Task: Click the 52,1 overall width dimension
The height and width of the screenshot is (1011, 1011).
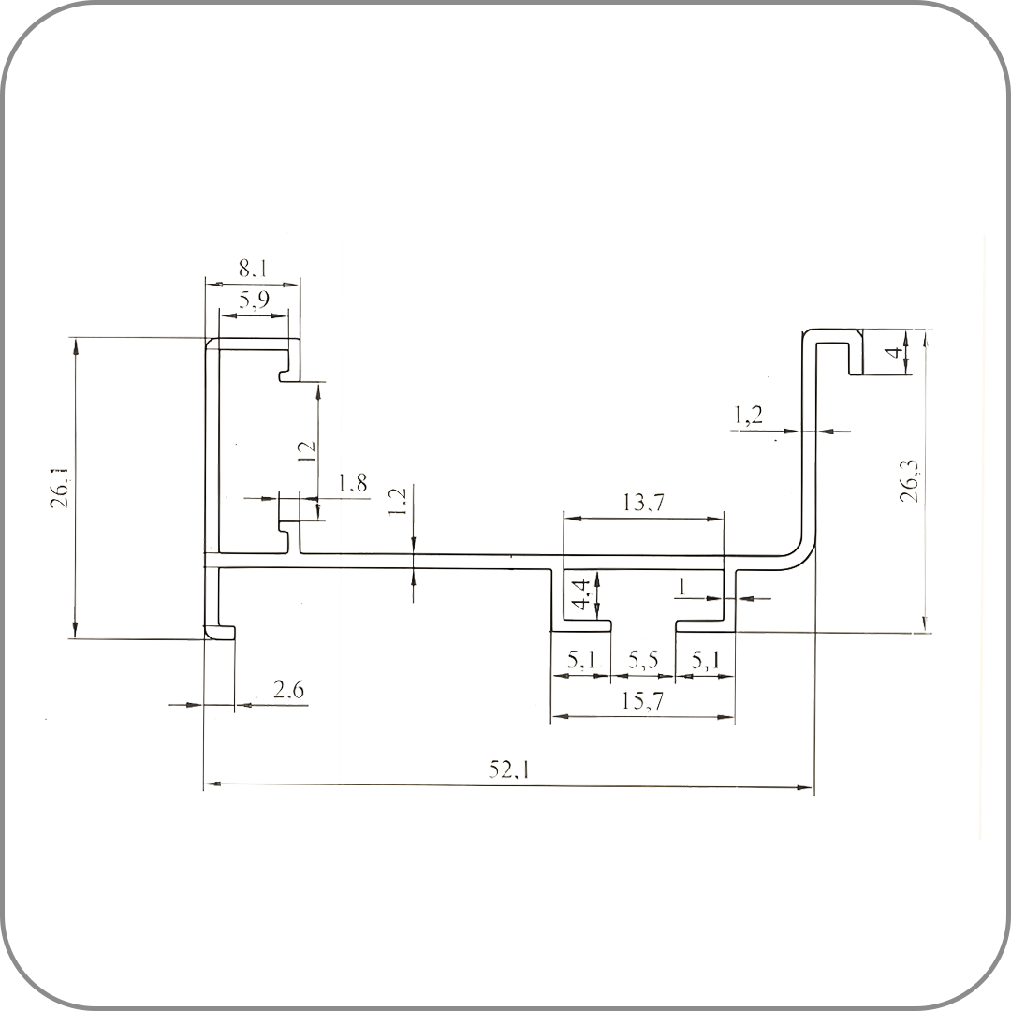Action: (x=508, y=769)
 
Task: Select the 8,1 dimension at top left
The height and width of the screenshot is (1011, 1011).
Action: (x=253, y=268)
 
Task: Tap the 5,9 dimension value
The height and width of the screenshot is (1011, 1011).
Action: (x=254, y=300)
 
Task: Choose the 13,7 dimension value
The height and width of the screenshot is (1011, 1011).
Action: (x=643, y=503)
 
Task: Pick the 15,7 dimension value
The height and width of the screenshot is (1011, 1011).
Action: (x=642, y=701)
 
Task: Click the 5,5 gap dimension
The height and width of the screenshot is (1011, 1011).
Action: (x=643, y=660)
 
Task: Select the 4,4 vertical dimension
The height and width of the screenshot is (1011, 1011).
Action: (x=582, y=593)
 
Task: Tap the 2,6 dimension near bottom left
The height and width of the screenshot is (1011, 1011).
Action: (x=288, y=691)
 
